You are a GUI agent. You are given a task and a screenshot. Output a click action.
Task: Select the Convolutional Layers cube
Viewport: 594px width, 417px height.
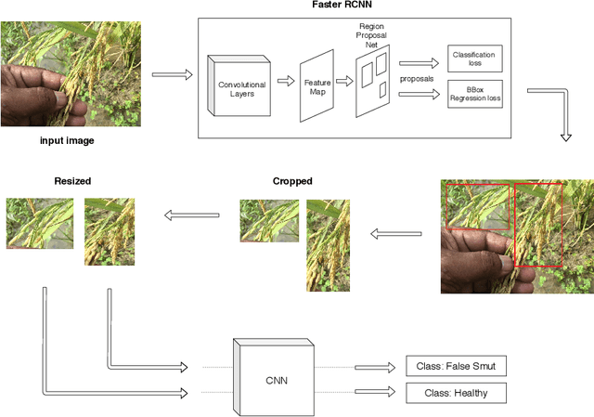pos(241,87)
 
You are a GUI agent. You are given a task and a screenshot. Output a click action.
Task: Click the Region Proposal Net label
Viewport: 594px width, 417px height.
pos(371,34)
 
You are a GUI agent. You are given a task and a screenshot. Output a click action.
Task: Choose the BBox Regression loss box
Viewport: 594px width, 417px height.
pos(474,95)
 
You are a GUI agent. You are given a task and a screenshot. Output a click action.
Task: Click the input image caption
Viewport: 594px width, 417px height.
pos(66,140)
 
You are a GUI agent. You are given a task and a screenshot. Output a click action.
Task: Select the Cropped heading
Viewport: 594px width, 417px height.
pos(292,181)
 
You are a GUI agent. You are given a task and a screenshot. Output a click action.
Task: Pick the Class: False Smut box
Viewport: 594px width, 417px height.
pos(457,367)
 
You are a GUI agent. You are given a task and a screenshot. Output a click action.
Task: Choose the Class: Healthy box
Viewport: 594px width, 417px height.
pos(457,393)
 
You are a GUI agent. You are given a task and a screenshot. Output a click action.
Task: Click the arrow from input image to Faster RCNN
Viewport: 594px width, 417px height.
pos(172,73)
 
